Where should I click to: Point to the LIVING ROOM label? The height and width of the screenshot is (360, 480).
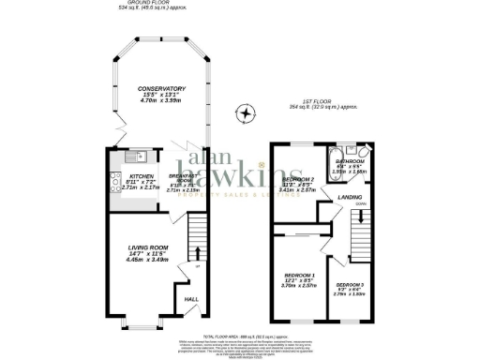[148, 247]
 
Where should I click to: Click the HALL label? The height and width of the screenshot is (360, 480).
[190, 299]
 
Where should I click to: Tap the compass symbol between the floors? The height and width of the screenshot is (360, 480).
[246, 114]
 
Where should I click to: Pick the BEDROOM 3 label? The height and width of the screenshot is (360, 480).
[350, 283]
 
